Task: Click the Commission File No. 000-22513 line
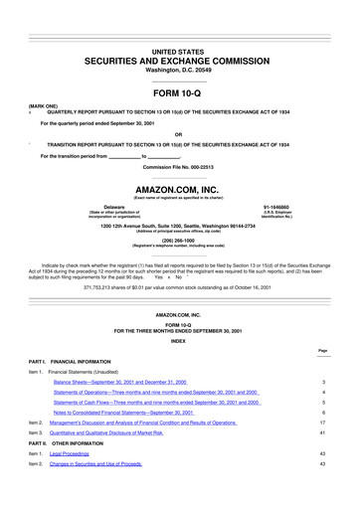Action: pos(180,166)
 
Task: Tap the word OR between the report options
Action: pos(180,135)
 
